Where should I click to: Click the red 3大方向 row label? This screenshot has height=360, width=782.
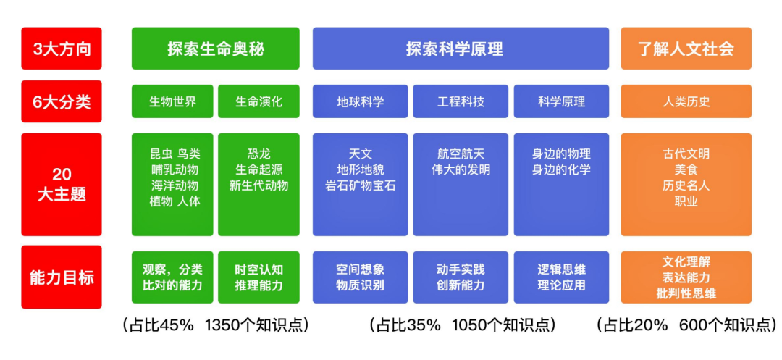pyautogui.click(x=62, y=49)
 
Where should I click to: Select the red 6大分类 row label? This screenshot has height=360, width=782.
pyautogui.click(x=62, y=101)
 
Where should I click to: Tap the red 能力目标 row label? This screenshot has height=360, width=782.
pyautogui.click(x=62, y=277)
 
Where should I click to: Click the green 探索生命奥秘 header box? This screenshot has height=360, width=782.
pyautogui.click(x=216, y=49)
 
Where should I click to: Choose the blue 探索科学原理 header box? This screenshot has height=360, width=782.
pyautogui.click(x=461, y=49)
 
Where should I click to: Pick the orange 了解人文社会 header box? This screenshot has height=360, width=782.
pyautogui.click(x=686, y=49)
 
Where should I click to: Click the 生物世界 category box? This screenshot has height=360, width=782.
pyautogui.click(x=172, y=101)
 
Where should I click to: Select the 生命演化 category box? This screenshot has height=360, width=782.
pyautogui.click(x=258, y=101)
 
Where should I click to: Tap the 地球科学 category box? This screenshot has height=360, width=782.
pyautogui.click(x=360, y=101)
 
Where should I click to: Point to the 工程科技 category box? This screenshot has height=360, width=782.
pyautogui.click(x=461, y=101)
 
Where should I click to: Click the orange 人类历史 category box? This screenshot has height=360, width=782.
pyautogui.click(x=686, y=101)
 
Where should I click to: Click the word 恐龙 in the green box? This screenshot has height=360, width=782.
pyautogui.click(x=258, y=154)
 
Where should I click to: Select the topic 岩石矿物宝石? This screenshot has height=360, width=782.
pyautogui.click(x=360, y=185)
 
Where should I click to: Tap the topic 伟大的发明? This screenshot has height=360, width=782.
pyautogui.click(x=461, y=169)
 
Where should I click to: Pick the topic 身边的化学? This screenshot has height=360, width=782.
pyautogui.click(x=561, y=169)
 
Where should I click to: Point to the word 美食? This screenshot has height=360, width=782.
pyautogui.click(x=686, y=169)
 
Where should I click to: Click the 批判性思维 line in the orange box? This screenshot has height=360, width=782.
pyautogui.click(x=686, y=293)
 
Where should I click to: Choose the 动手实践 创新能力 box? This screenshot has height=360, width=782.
pyautogui.click(x=461, y=277)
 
